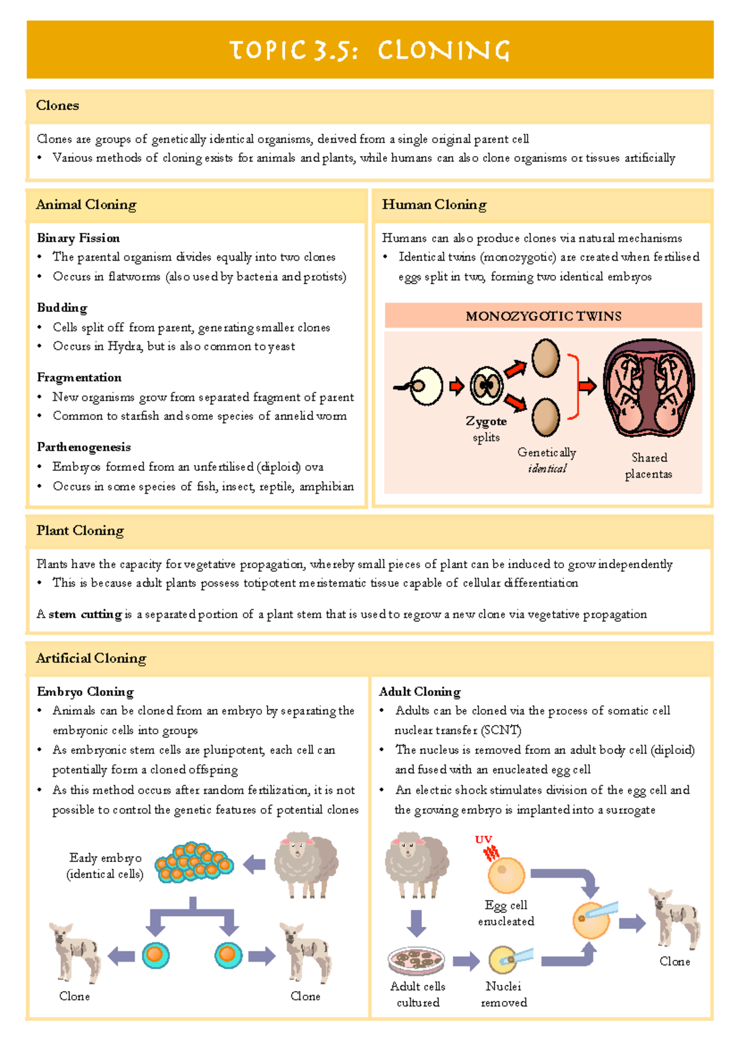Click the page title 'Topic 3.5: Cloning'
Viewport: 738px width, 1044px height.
pos(370,50)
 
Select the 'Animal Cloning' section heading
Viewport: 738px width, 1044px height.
pos(86,205)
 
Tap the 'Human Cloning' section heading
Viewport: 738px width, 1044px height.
pos(434,205)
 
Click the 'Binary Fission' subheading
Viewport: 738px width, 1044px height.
pos(78,238)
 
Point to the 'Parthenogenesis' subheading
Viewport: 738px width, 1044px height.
pos(84,447)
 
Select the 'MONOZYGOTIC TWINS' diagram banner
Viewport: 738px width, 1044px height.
pos(543,316)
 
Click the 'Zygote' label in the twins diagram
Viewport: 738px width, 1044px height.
pos(486,421)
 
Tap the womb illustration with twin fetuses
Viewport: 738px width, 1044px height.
pos(648,387)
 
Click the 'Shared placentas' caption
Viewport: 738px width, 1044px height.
pos(649,465)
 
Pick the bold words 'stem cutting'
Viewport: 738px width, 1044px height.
pos(85,614)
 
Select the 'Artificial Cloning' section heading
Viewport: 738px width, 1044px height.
pos(91,658)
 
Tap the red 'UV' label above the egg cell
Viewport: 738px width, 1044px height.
pos(483,839)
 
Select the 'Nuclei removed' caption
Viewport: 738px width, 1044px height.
pos(504,994)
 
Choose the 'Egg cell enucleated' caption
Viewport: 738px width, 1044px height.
pos(506,913)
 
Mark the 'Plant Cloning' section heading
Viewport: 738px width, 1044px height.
pos(80,531)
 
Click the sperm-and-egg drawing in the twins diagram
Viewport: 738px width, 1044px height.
pos(421,386)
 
